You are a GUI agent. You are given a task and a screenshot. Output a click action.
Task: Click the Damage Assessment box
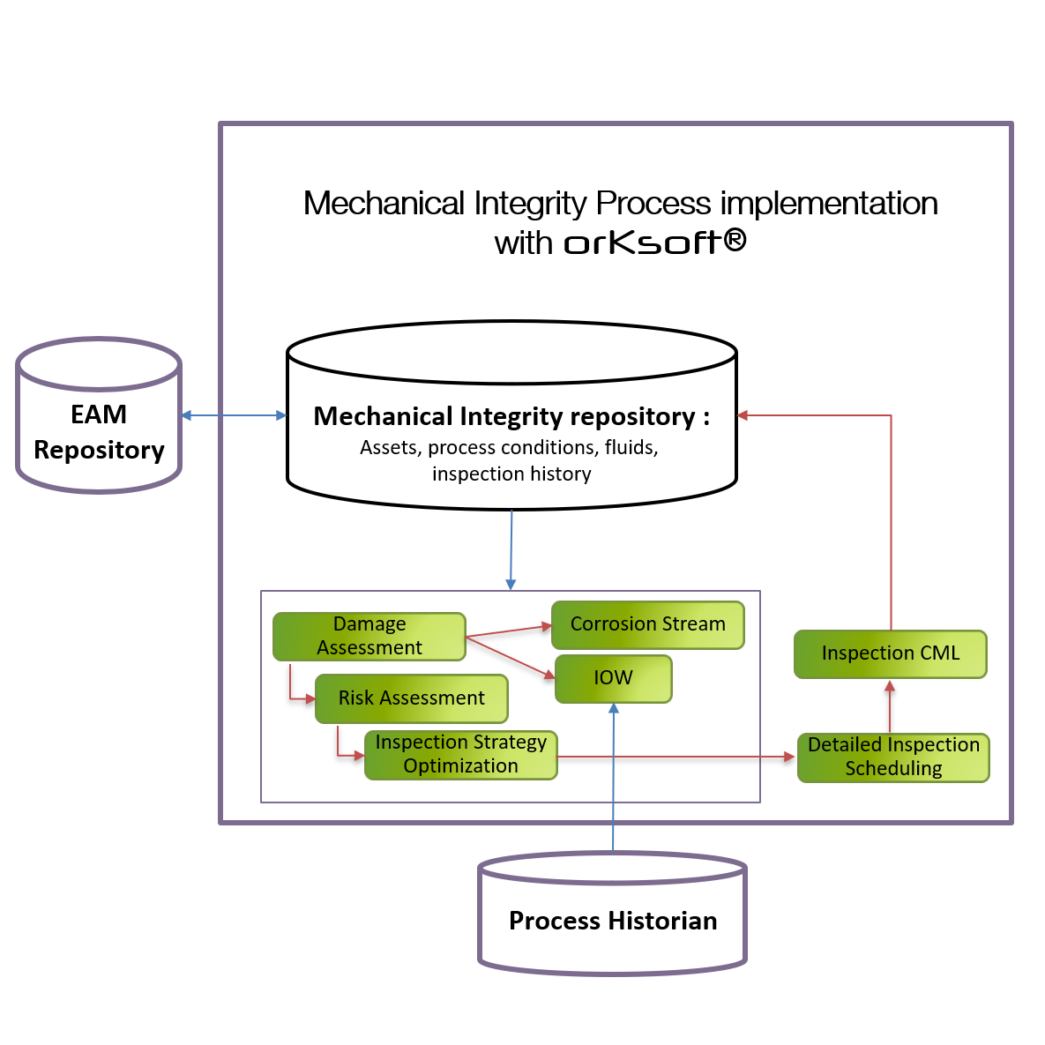click(369, 636)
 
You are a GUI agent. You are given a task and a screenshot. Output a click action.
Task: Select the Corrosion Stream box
click(648, 624)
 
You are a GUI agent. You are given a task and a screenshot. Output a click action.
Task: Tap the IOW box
click(613, 678)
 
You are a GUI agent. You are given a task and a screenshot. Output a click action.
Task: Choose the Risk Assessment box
click(411, 698)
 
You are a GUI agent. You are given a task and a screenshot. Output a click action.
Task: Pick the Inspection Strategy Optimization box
click(460, 755)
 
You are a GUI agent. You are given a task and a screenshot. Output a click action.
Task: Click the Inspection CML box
click(890, 653)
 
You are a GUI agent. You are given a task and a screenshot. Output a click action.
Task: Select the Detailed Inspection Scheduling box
click(893, 758)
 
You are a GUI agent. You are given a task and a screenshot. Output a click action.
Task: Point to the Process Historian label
click(614, 921)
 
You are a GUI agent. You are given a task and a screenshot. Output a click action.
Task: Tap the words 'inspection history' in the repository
click(511, 474)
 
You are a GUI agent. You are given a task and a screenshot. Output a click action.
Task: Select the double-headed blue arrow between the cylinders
click(234, 415)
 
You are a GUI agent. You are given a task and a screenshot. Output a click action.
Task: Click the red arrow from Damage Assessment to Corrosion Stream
click(509, 631)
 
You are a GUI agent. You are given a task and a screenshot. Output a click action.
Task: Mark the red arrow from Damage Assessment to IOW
click(510, 657)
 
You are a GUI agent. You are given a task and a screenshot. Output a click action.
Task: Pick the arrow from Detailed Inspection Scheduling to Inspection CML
click(890, 705)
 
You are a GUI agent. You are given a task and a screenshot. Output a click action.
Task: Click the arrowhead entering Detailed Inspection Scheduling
click(789, 757)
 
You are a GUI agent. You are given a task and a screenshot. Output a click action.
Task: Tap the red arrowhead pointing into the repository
click(743, 415)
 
